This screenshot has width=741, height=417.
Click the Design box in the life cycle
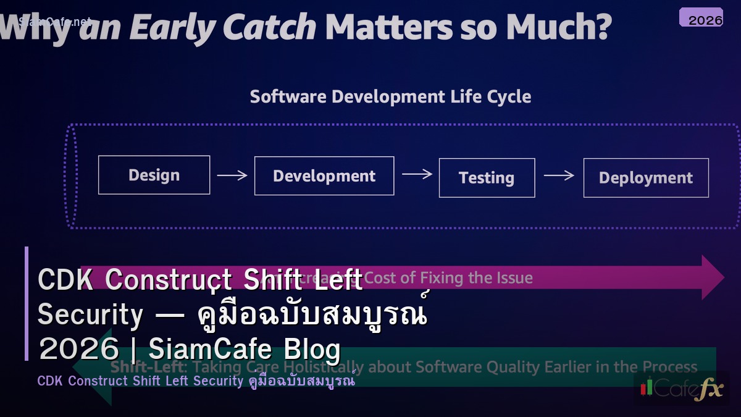154,175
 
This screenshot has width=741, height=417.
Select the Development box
324,176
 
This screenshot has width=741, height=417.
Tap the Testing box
487,178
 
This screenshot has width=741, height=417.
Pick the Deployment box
646,178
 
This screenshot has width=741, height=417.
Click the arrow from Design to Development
232,175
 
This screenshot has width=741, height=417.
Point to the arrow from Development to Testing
417,174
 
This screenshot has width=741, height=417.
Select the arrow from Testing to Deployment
559,175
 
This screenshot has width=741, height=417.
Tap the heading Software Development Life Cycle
390,97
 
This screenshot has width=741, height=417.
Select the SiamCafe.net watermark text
54,22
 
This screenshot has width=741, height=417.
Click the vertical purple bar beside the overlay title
27,303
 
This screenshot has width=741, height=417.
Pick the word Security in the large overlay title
90,315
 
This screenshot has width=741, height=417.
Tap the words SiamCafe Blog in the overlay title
245,350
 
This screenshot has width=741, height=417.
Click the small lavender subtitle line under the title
196,381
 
